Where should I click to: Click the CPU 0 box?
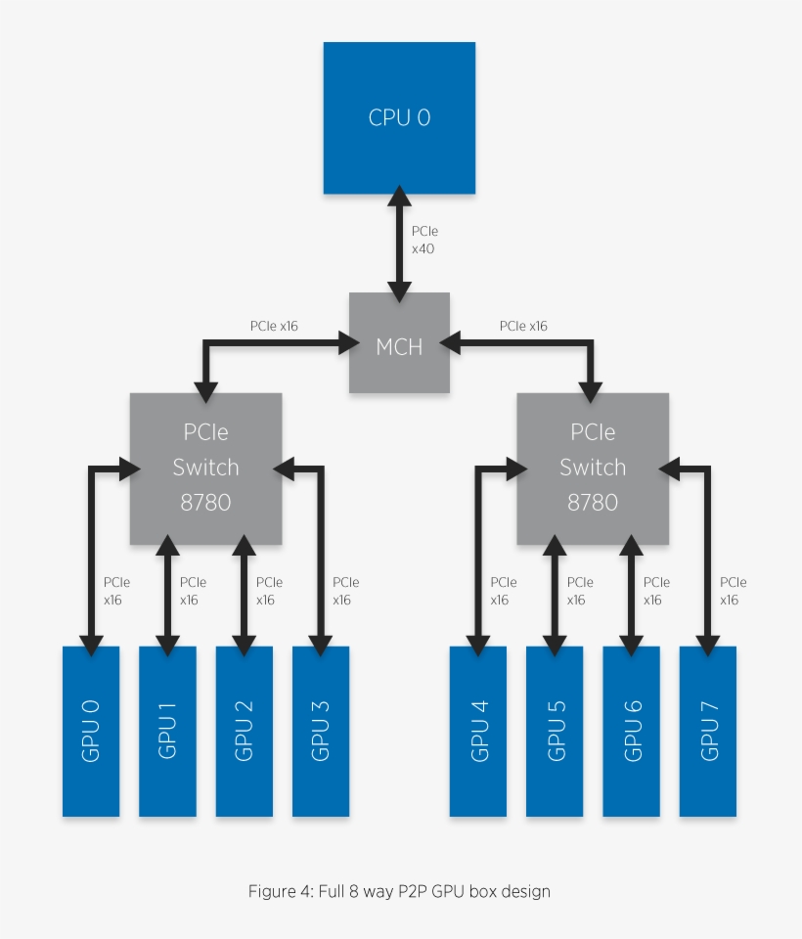tap(399, 117)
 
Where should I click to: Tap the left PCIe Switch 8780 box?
tap(205, 469)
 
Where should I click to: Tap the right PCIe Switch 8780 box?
tap(593, 469)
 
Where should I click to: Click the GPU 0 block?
tap(91, 731)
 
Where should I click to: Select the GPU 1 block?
tap(167, 731)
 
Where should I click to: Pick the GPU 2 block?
tap(244, 731)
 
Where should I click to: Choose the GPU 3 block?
tap(320, 731)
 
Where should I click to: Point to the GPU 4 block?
tap(478, 731)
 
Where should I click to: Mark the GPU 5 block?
tap(555, 731)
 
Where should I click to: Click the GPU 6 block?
tap(631, 731)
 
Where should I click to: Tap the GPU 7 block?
tap(708, 731)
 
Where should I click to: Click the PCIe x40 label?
tap(423, 241)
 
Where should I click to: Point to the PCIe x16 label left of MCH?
tap(274, 326)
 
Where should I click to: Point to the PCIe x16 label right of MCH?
tap(523, 326)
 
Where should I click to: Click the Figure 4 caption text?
tap(399, 891)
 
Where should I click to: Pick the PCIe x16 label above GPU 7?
tap(733, 591)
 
